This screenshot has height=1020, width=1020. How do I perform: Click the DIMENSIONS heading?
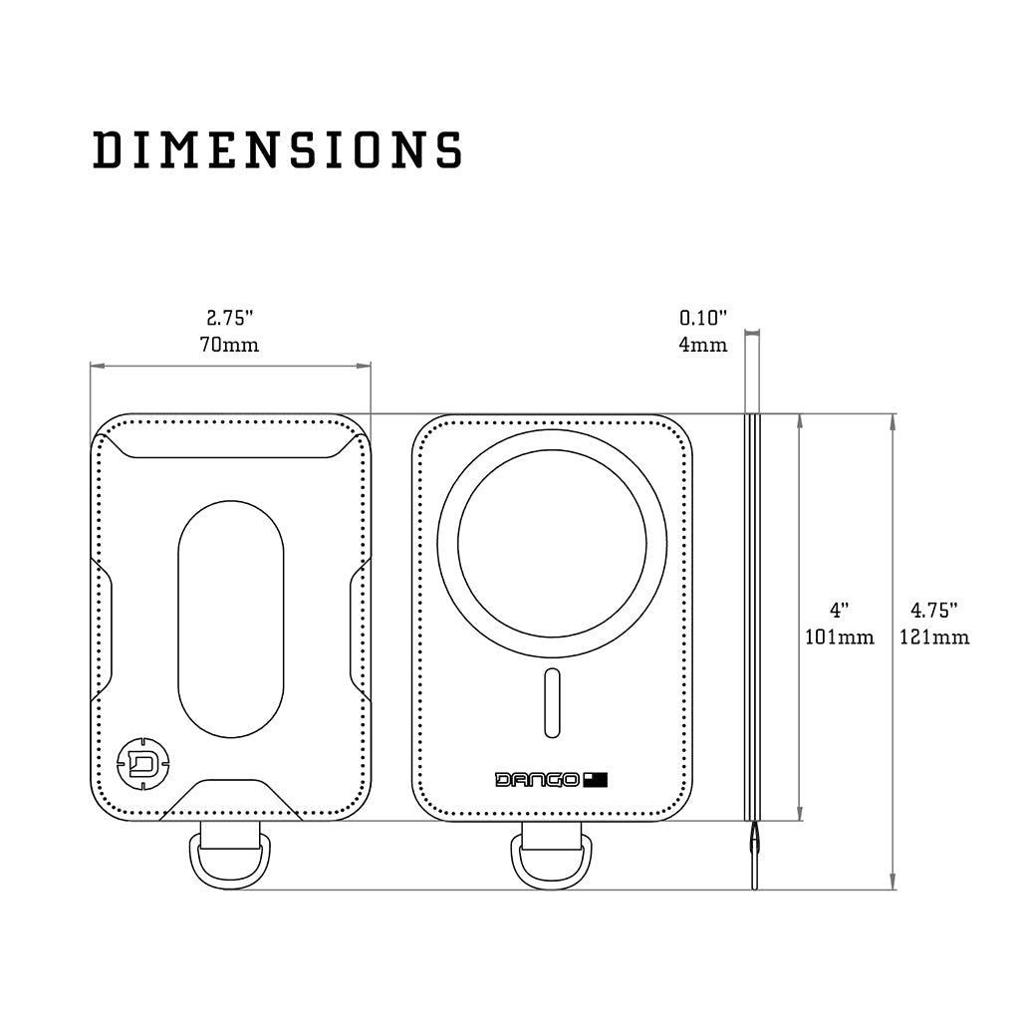pos(278,149)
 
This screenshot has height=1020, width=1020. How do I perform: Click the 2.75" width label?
pos(231,319)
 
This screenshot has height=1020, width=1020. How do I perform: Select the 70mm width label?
pos(231,346)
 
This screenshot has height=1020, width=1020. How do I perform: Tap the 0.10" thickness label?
pos(703,319)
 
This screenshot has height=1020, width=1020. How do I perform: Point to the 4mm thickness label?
pos(703,346)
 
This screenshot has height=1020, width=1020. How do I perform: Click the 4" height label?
pos(839,609)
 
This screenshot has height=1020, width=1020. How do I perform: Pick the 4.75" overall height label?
pos(933,609)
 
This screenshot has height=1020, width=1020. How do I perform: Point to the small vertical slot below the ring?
pos(552,704)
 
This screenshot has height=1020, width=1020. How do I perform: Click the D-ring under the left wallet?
pos(230,859)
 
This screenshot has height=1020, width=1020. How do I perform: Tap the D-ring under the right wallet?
pos(552,859)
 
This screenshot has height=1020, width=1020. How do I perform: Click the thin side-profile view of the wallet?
pos(753,618)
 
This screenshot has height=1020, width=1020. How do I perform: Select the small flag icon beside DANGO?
pos(596,779)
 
